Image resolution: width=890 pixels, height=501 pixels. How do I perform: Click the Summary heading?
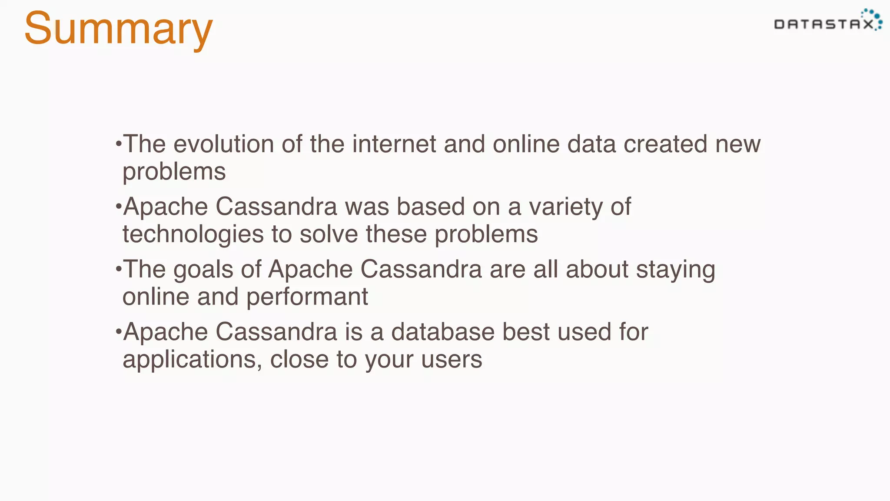tap(118, 29)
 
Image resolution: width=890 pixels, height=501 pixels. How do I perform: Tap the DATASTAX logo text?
tap(824, 24)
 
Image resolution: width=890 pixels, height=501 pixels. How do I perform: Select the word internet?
tap(394, 144)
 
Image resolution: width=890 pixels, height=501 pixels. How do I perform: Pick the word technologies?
tap(193, 234)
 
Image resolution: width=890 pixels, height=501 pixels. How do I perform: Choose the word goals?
tap(203, 270)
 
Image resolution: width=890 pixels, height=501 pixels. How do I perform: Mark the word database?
tap(443, 332)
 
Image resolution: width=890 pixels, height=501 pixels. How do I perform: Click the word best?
tap(526, 332)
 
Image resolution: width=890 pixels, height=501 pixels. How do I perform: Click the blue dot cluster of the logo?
tap(873, 17)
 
